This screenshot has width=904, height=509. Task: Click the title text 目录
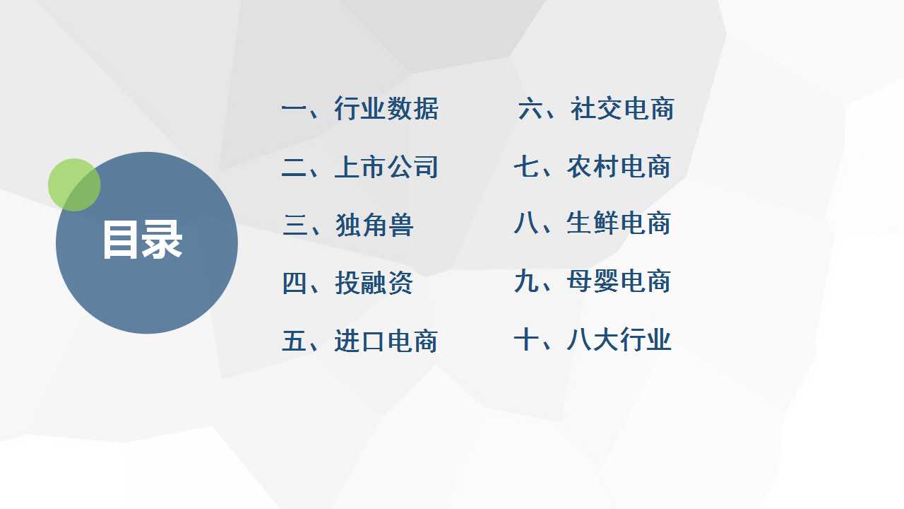143,240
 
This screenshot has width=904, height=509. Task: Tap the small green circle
74,185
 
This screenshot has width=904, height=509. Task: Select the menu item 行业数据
386,108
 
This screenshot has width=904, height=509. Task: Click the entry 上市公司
386,166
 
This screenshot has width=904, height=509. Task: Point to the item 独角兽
374,225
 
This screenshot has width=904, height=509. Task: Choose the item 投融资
374,283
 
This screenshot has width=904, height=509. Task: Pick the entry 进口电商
386,341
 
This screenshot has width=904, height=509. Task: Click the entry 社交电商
622,108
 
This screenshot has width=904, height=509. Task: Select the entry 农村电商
619,166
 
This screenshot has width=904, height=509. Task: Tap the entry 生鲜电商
619,223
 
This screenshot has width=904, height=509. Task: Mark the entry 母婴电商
619,281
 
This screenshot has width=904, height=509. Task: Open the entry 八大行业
619,339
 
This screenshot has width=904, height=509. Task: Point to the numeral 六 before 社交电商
530,108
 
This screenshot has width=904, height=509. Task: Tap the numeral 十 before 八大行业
526,339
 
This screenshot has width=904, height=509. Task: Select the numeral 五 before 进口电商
294,341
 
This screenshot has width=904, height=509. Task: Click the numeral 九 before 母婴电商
526,281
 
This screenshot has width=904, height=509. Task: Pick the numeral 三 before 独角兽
295,225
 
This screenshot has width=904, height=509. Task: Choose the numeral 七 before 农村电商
526,166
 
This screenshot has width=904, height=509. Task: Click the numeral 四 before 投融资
295,283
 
